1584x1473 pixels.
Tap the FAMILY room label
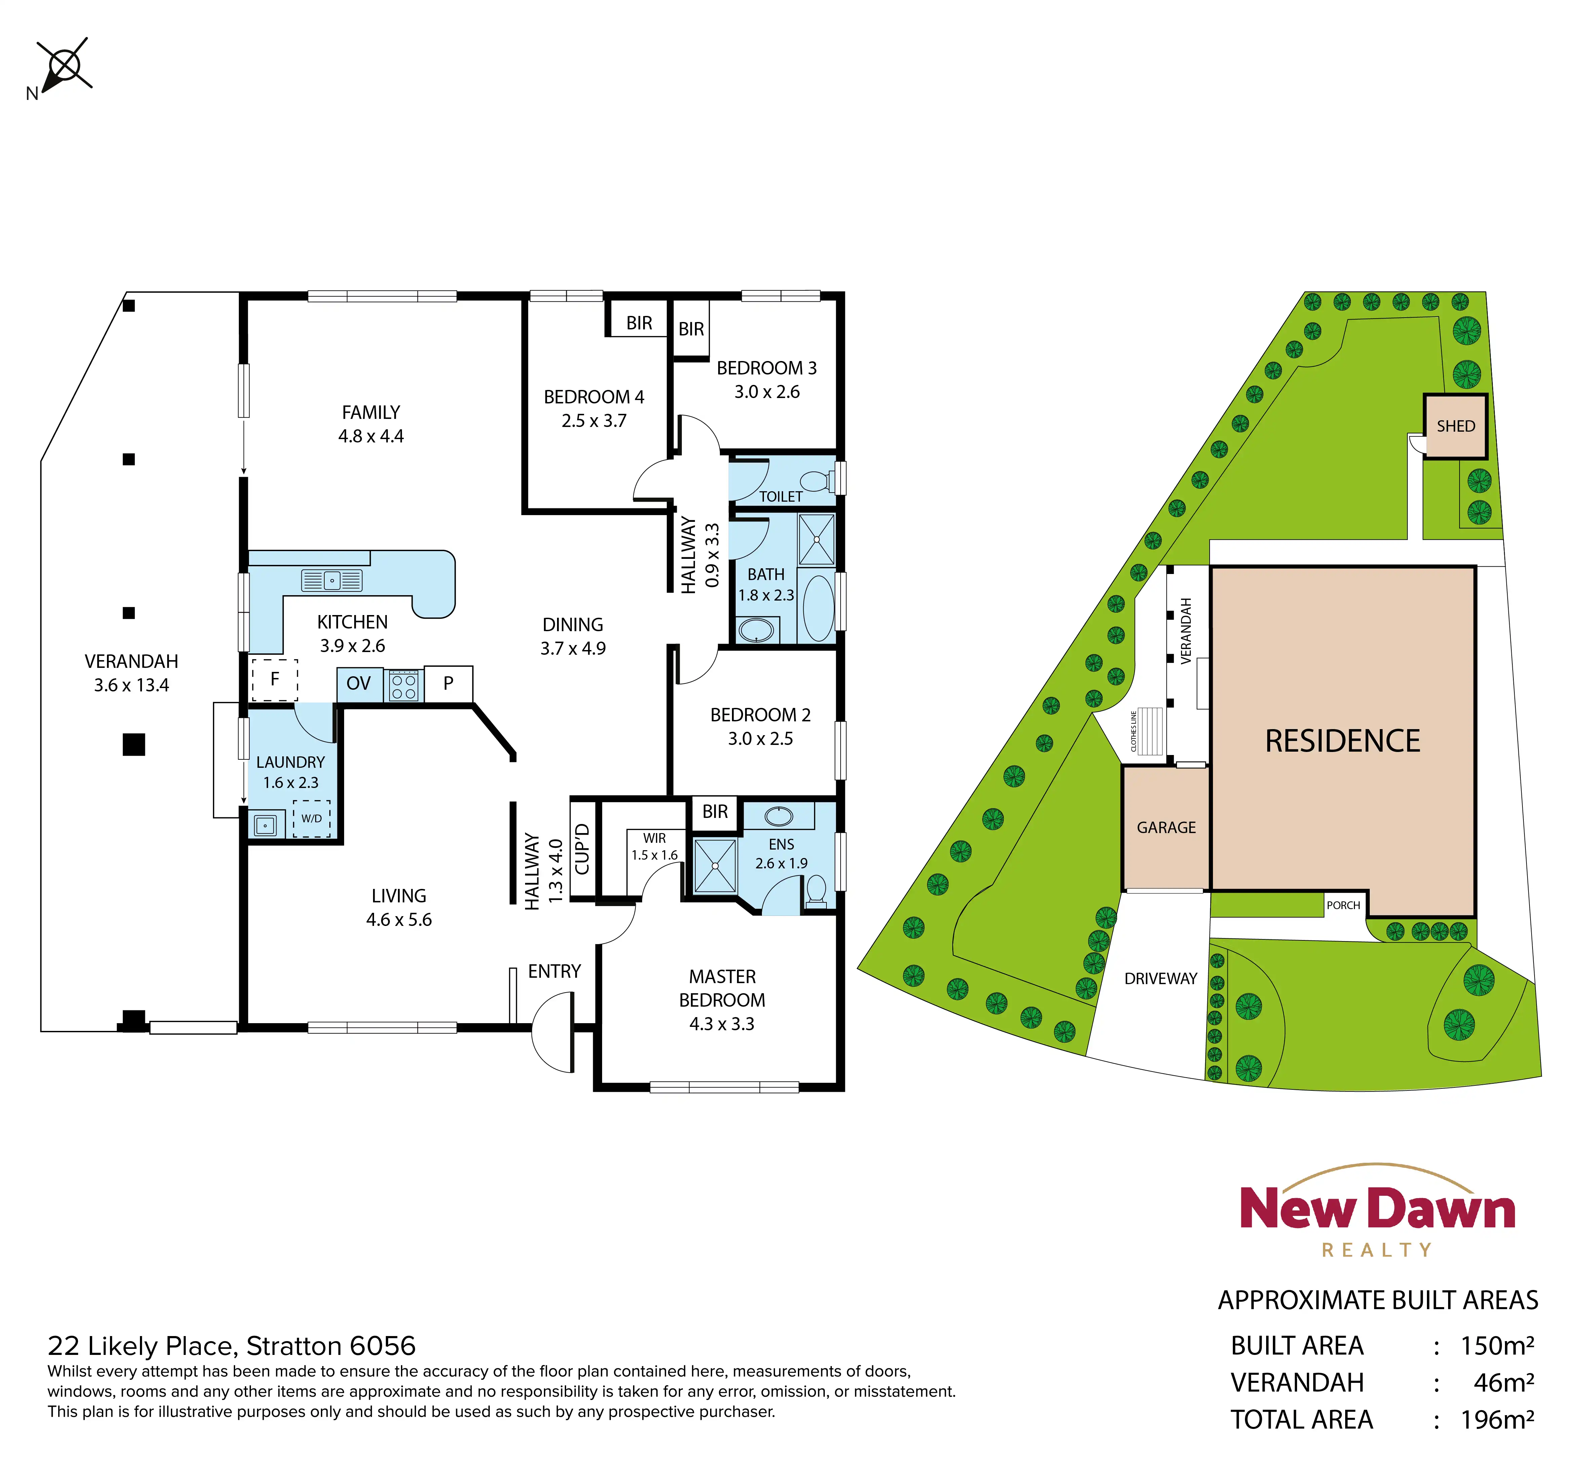pos(370,412)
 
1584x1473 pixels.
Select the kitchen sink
pos(331,580)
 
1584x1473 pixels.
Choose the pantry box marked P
pos(449,683)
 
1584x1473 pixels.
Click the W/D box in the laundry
pos(311,819)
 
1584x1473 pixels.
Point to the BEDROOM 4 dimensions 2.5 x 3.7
pos(594,421)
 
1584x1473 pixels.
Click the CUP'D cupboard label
pos(583,849)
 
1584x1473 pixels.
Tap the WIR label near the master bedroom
pos(655,838)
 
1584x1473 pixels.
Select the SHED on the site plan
pos(1456,426)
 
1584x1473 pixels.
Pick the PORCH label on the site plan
pos(1343,905)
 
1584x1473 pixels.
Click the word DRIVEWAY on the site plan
pos(1161,979)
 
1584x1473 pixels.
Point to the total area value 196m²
pos(1497,1420)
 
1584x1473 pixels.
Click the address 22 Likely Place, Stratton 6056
pos(231,1346)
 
